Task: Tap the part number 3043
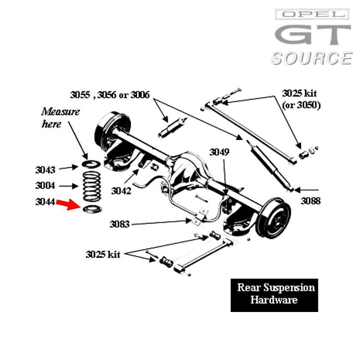pyautogui.click(x=45, y=170)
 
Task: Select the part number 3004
pyautogui.click(x=45, y=186)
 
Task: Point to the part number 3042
pyautogui.click(x=121, y=191)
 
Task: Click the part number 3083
pyautogui.click(x=119, y=224)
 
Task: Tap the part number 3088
pyautogui.click(x=310, y=201)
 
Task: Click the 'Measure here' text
pyautogui.click(x=60, y=118)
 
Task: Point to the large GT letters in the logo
pyautogui.click(x=312, y=36)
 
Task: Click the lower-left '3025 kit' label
pyautogui.click(x=103, y=255)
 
